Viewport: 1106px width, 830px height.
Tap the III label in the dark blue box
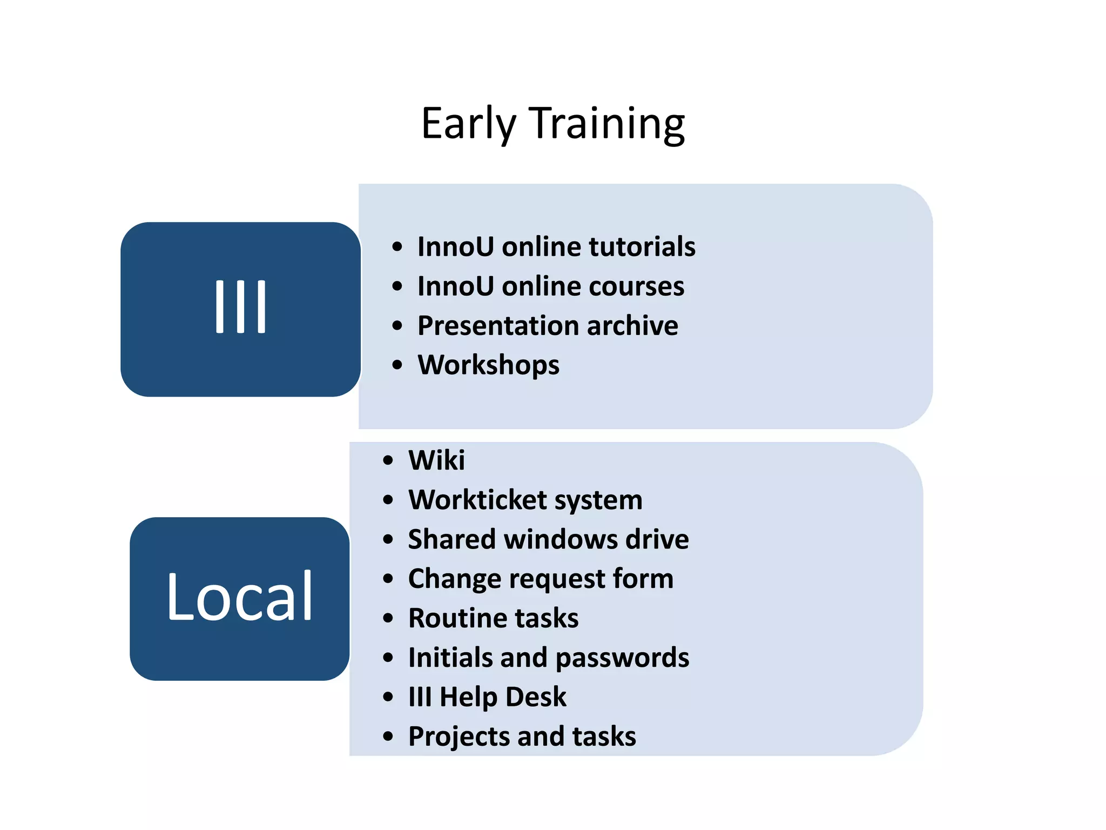(x=240, y=307)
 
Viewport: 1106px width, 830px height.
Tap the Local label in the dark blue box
(x=240, y=597)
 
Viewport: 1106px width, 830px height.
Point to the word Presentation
(x=497, y=326)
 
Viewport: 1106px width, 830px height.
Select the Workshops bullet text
(x=488, y=365)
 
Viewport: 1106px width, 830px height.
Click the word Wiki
(x=436, y=460)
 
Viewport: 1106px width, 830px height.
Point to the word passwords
(x=622, y=658)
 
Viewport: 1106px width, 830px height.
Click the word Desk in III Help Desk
(x=536, y=697)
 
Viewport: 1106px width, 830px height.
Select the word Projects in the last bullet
(x=458, y=737)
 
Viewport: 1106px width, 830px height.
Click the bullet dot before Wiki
(x=388, y=461)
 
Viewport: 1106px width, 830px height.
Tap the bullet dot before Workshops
(x=397, y=365)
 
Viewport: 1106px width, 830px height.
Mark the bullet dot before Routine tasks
(x=388, y=618)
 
